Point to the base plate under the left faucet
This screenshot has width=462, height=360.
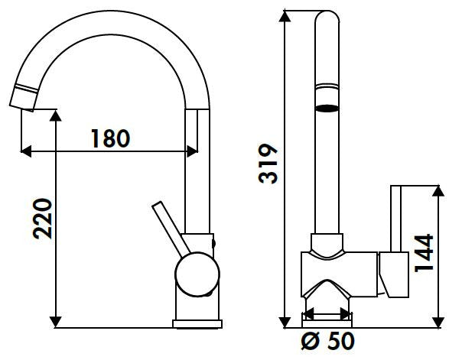pos(197,324)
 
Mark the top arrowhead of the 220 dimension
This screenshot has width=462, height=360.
pos(57,115)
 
